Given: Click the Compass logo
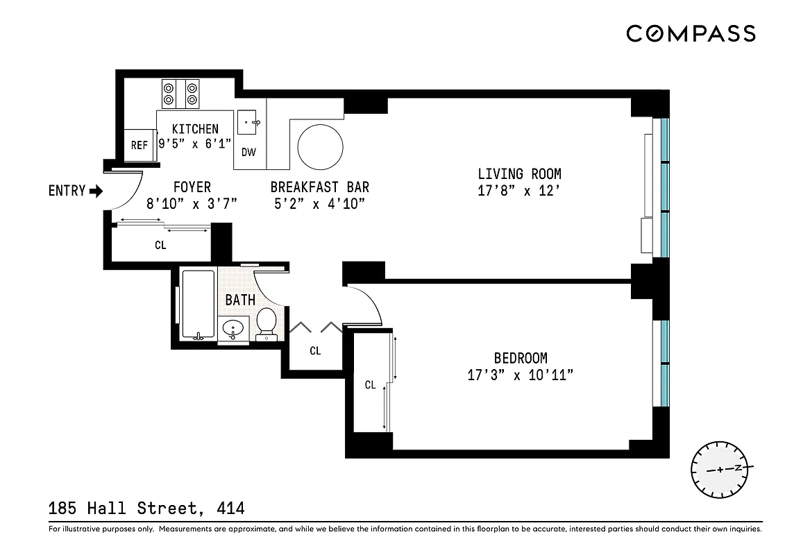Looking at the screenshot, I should (691, 33).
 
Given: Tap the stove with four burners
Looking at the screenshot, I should (180, 94).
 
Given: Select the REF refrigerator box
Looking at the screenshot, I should (140, 145).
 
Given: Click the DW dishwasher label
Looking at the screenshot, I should (248, 153).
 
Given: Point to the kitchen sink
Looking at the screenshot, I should (249, 122).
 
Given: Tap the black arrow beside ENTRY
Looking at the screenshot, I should (96, 191).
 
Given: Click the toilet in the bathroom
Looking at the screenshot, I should (267, 323).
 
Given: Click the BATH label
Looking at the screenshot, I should (240, 300).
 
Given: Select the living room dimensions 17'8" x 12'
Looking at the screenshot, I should (519, 191).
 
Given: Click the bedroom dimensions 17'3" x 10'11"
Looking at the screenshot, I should (520, 375).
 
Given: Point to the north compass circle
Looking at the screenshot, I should (718, 468).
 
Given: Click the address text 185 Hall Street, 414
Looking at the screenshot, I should (146, 509).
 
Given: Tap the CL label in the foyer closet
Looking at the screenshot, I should (160, 245).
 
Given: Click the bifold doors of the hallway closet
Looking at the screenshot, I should (316, 327).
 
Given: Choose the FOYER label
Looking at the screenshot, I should (192, 187).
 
